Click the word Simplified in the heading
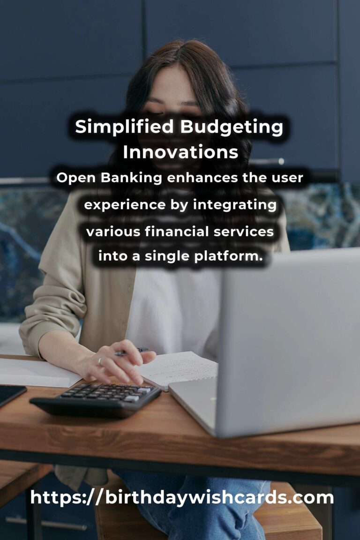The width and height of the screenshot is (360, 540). [124, 127]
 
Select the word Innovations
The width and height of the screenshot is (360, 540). [180, 152]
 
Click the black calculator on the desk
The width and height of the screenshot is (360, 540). [96, 400]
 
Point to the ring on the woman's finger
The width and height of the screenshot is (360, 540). [100, 360]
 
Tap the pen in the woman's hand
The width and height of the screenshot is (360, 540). [131, 352]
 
